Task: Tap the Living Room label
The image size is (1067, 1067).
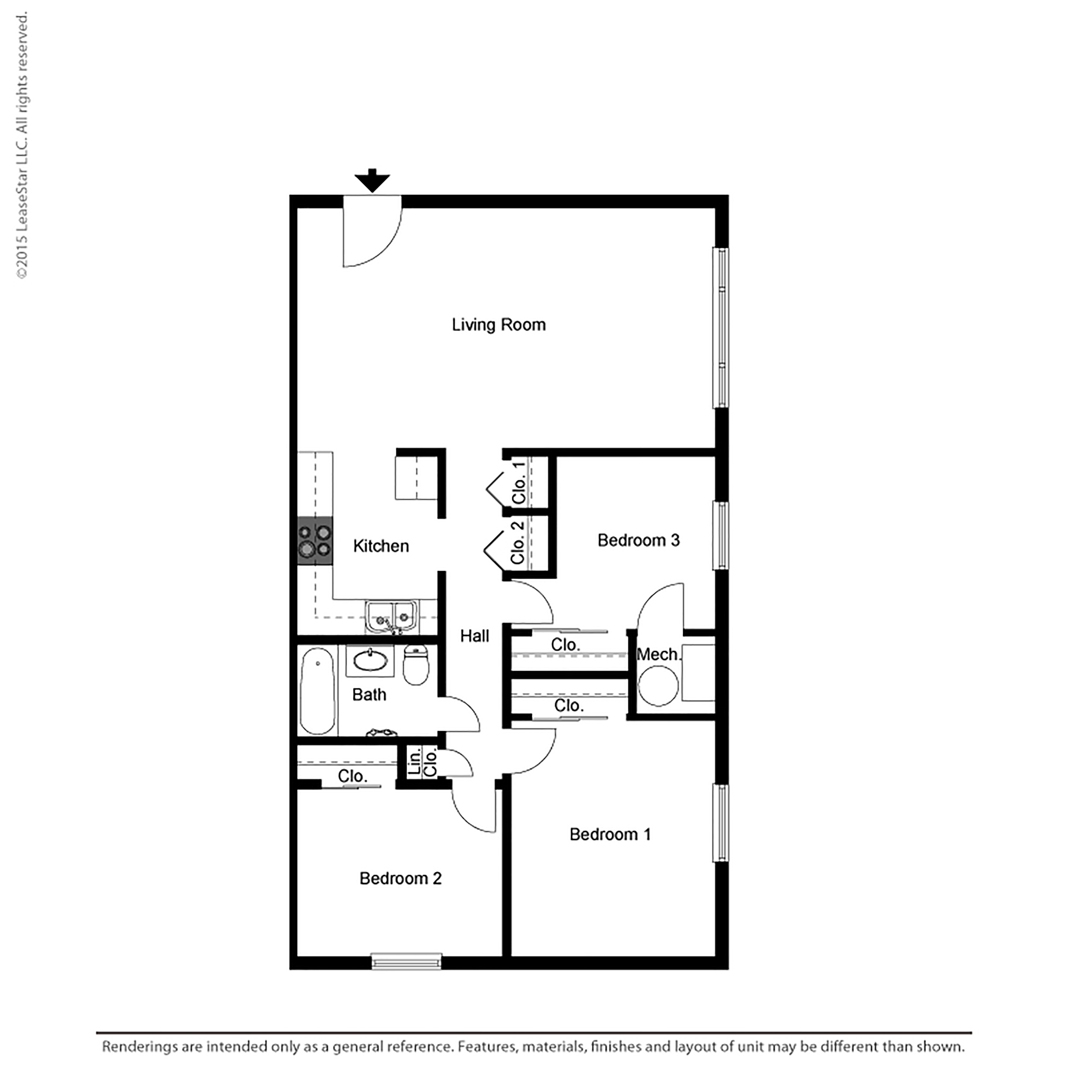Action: point(499,325)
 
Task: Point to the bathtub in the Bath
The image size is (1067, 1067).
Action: point(317,691)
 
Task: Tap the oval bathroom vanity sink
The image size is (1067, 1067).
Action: point(369,660)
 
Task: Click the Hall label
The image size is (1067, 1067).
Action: point(474,636)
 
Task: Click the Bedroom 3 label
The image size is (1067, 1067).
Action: point(638,540)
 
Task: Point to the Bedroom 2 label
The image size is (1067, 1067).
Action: point(400,878)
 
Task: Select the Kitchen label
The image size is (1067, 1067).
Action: point(381,546)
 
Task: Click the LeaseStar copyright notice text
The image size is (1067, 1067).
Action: point(22,146)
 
